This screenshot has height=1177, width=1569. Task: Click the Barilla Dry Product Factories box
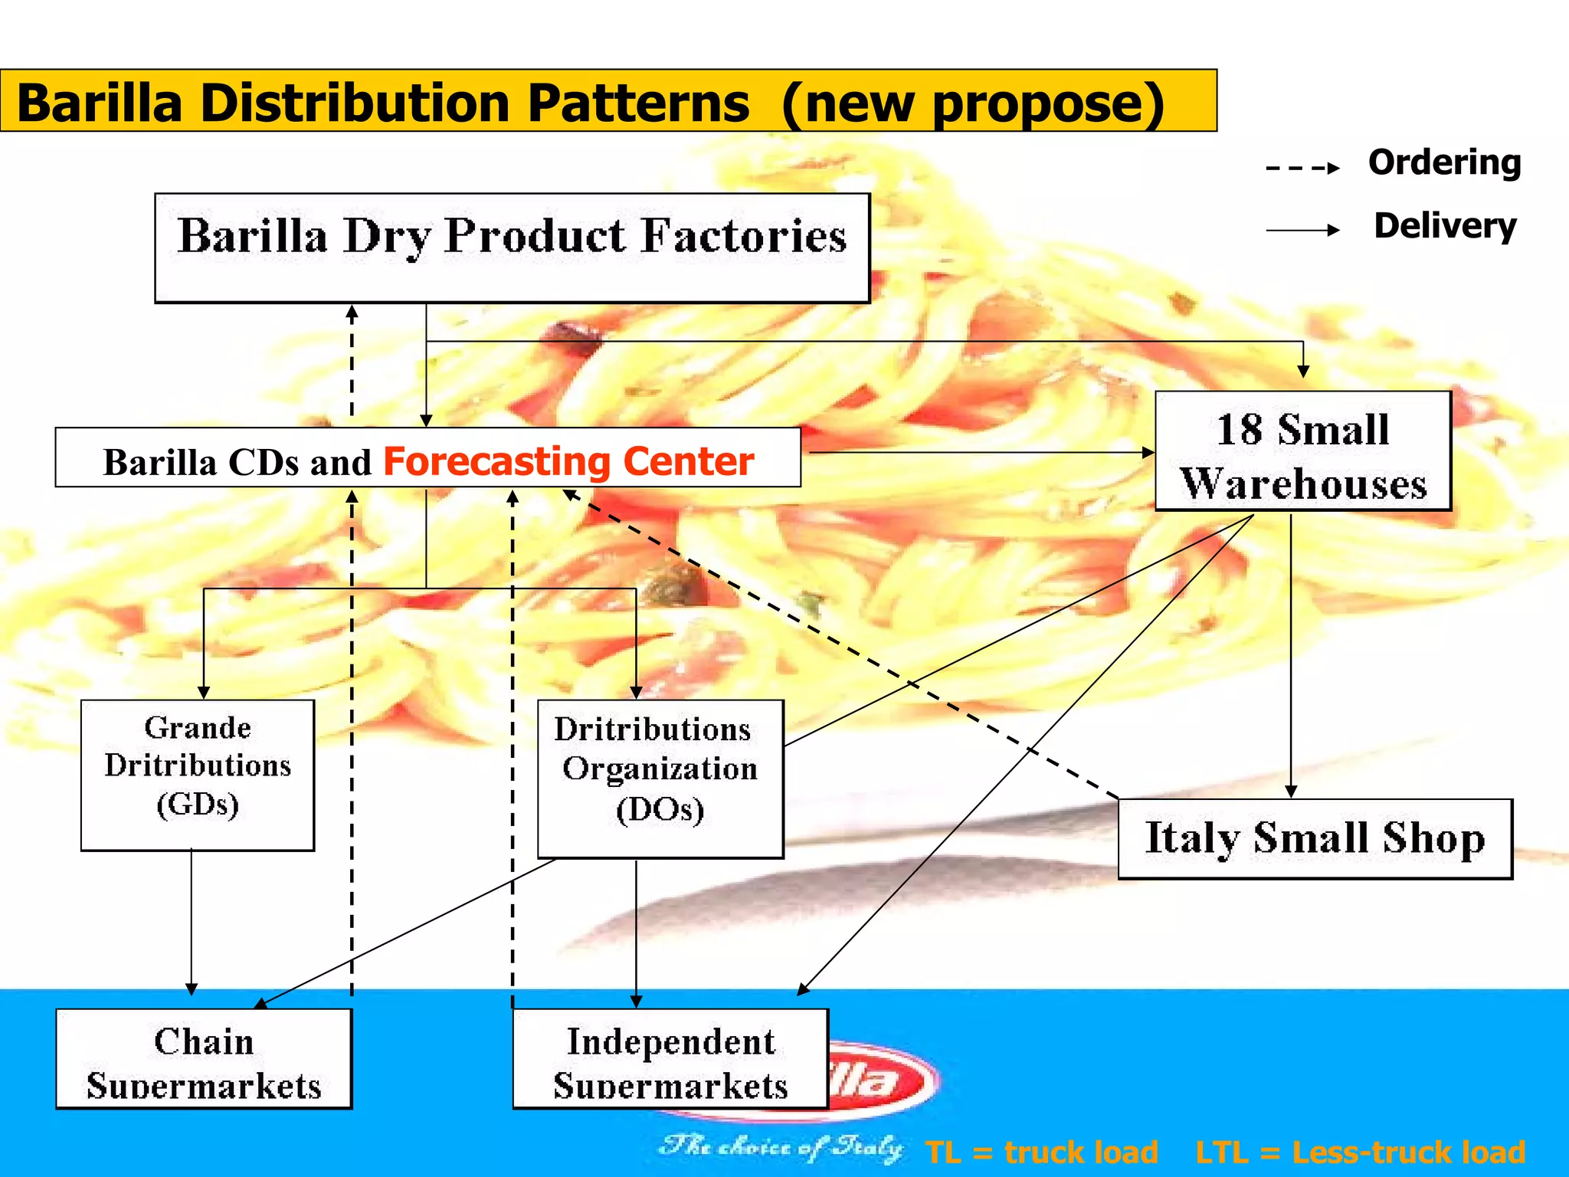pyautogui.click(x=512, y=248)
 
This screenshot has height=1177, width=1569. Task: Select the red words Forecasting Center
pyautogui.click(x=568, y=461)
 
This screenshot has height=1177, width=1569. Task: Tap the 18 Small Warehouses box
pyautogui.click(x=1302, y=451)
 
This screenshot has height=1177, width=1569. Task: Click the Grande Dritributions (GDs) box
pyautogui.click(x=198, y=774)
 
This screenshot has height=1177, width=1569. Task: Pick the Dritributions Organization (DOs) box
pyautogui.click(x=660, y=778)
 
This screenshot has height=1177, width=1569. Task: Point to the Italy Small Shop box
pyautogui.click(x=1315, y=838)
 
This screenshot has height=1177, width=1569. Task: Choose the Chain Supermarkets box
pyautogui.click(x=204, y=1058)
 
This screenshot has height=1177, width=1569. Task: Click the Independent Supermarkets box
pyautogui.click(x=670, y=1058)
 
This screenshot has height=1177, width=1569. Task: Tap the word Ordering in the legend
pyautogui.click(x=1444, y=163)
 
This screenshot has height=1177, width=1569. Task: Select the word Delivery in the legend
pyautogui.click(x=1445, y=226)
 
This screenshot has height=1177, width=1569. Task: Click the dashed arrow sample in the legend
pyautogui.click(x=1302, y=168)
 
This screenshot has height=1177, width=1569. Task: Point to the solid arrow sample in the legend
pyautogui.click(x=1302, y=230)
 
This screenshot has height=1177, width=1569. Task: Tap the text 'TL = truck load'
pyautogui.click(x=1041, y=1152)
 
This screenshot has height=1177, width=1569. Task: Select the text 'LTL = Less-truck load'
pyautogui.click(x=1360, y=1152)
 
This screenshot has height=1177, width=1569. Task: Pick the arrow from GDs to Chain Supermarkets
pyautogui.click(x=192, y=920)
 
